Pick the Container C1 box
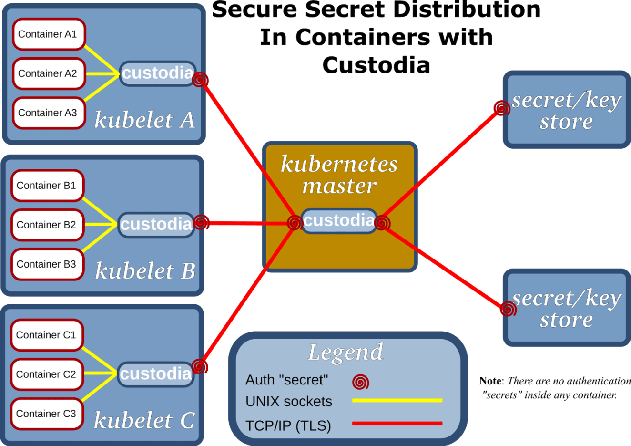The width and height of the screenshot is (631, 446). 47,335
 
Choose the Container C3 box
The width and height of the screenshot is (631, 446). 47,414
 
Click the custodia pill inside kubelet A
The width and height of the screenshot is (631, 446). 157,73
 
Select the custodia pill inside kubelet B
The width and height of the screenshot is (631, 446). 155,225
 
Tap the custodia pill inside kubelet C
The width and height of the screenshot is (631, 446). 155,374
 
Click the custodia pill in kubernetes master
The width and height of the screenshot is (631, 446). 338,221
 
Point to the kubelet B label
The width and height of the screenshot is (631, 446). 145,271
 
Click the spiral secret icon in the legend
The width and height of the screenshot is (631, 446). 361,382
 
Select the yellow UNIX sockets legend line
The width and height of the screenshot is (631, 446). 397,401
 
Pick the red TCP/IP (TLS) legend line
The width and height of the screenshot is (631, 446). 397,423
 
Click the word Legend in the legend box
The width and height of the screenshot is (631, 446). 346,353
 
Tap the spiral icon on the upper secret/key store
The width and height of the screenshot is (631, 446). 501,108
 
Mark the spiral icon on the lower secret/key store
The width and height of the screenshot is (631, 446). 509,309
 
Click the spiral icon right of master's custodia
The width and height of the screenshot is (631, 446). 382,223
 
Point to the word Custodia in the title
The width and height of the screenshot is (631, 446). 376,65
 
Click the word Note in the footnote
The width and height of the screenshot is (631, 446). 490,381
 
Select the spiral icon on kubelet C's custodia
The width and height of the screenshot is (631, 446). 200,366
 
